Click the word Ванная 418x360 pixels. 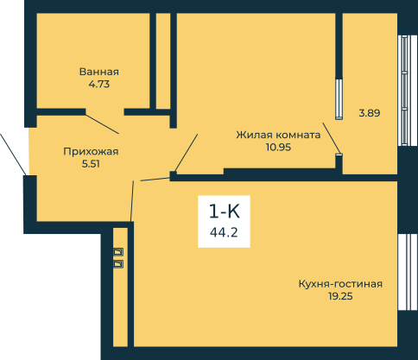click(99, 72)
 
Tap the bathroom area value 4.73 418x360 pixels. click(99, 85)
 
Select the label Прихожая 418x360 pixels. click(91, 152)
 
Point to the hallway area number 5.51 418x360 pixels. click(91, 164)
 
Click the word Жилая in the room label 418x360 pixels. click(252, 135)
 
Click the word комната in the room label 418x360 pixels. click(296, 135)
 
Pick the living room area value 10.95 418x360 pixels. click(278, 147)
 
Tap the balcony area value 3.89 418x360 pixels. click(370, 113)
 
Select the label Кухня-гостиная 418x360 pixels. click(340, 284)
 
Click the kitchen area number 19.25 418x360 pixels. click(340, 296)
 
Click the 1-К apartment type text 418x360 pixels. click(225, 212)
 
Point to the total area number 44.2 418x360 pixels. click(224, 232)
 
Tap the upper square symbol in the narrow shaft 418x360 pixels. click(118, 252)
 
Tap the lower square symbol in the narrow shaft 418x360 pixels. click(118, 263)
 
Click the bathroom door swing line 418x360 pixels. click(102, 124)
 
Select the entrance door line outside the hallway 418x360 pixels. click(13, 155)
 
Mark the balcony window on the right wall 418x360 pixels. click(404, 91)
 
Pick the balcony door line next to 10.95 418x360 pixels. click(332, 138)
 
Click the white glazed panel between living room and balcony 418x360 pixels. click(339, 99)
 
